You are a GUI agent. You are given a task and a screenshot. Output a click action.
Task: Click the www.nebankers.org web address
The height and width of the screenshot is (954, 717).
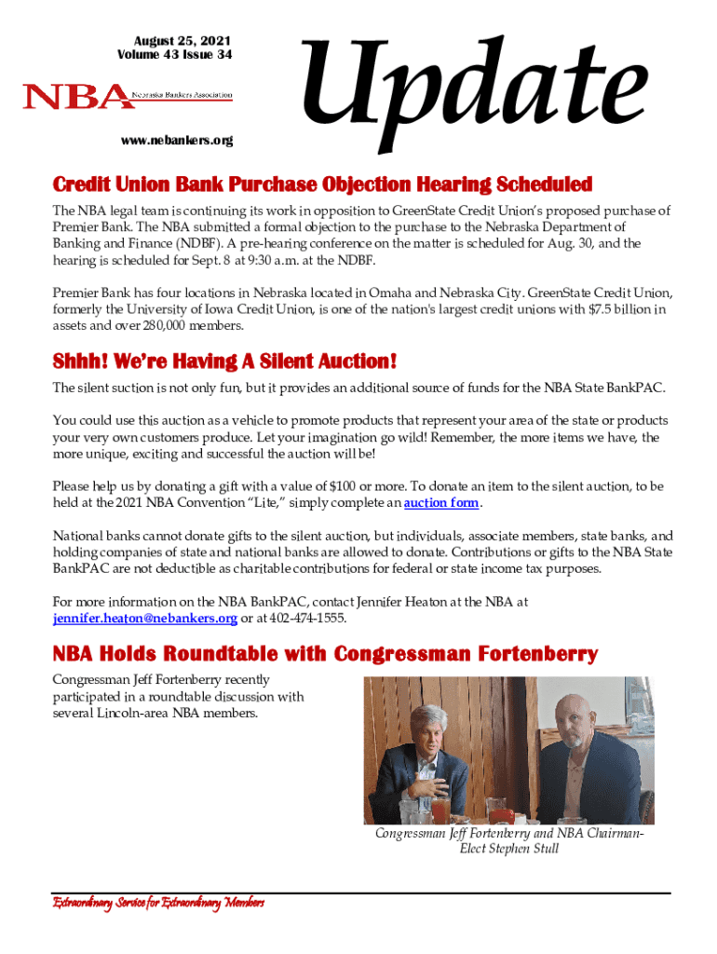coord(176,141)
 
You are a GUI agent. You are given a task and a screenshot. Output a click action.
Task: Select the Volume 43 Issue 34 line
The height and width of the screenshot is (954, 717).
coord(175,55)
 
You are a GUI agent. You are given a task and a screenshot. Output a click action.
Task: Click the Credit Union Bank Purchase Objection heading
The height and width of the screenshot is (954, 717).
coord(322,183)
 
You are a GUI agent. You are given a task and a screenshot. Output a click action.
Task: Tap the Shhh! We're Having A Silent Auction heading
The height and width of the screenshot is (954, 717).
coord(225,361)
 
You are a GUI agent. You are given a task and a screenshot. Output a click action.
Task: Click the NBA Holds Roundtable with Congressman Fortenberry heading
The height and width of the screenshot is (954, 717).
coord(325,654)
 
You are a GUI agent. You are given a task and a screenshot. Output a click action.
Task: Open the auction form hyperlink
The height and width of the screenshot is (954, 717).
coord(441,504)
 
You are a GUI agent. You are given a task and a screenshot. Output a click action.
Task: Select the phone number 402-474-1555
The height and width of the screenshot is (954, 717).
coord(317,620)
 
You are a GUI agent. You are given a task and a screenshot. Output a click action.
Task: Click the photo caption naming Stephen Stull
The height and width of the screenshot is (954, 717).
coord(508,841)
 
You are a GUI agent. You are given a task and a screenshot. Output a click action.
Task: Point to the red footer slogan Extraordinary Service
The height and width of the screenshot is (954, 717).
coord(158,903)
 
